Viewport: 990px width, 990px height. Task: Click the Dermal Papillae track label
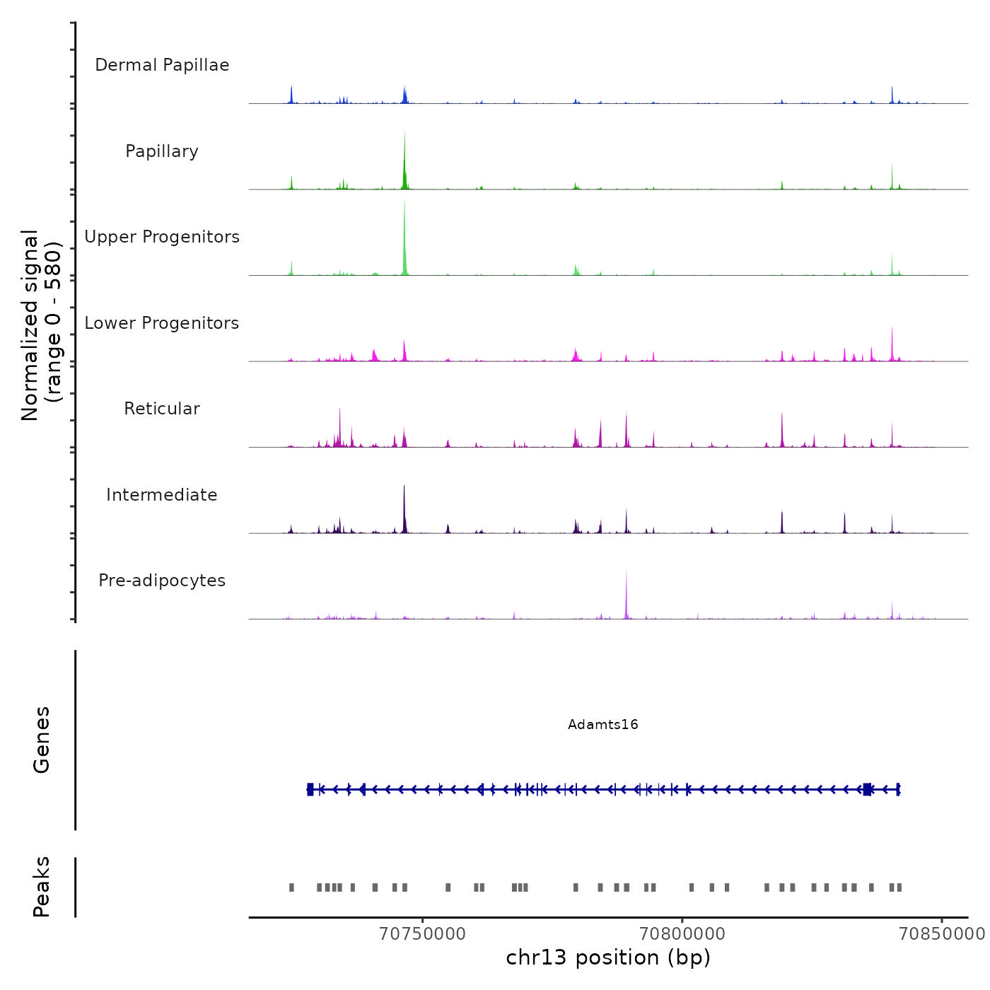point(162,65)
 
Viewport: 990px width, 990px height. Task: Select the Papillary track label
point(162,151)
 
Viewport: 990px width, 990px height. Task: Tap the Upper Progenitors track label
point(162,237)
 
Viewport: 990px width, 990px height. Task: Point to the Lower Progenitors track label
point(162,323)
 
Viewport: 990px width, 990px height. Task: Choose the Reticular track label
point(162,409)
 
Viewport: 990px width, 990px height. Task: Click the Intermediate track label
point(162,495)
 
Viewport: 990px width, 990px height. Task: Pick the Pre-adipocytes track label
point(162,581)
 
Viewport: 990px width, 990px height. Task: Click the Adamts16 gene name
point(602,724)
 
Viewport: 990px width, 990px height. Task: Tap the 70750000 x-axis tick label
point(422,933)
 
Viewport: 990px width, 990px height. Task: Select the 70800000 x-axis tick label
point(682,933)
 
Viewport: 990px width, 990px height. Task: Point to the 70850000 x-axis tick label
point(941,933)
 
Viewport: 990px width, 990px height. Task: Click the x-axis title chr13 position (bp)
point(608,957)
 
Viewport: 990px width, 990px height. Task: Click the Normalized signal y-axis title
point(41,325)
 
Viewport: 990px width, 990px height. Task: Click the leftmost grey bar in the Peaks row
point(291,887)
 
